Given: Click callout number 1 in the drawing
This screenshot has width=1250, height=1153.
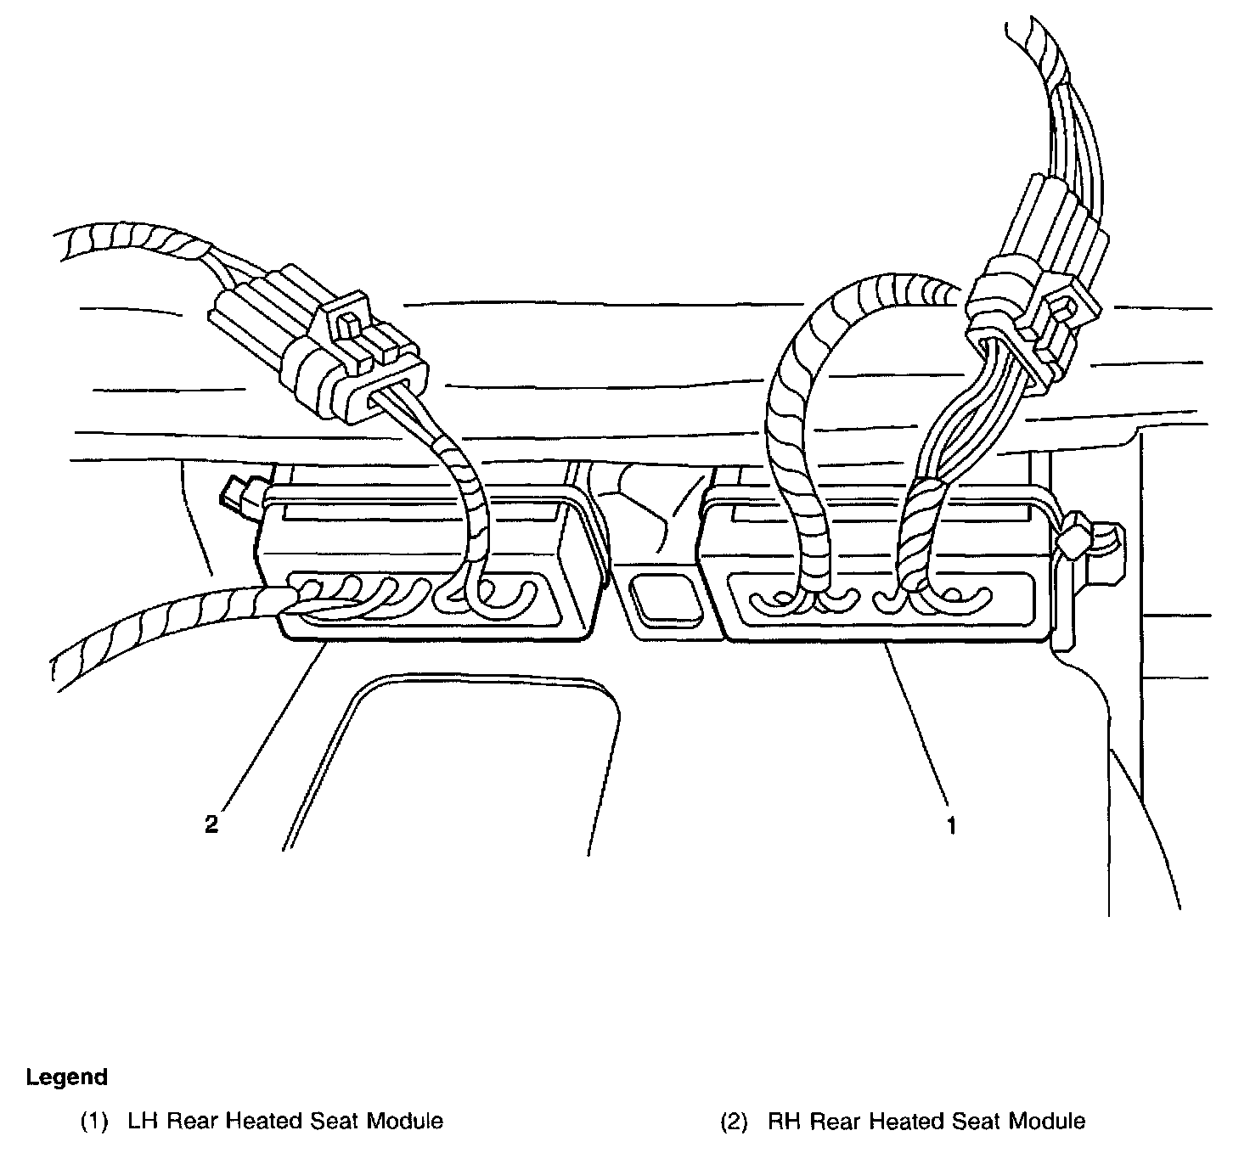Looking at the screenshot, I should pyautogui.click(x=952, y=824).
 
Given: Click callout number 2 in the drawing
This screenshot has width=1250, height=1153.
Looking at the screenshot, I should pyautogui.click(x=211, y=824).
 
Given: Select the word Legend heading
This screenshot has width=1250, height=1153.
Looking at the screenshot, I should pyautogui.click(x=67, y=1077).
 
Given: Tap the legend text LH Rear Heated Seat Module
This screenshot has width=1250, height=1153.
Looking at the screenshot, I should pyautogui.click(x=284, y=1122).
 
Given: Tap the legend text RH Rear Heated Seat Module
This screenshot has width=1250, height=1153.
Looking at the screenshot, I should pyautogui.click(x=926, y=1122).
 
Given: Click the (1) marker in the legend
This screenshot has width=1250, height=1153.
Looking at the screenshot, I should pyautogui.click(x=95, y=1122).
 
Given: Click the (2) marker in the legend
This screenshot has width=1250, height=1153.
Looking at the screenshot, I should pyautogui.click(x=735, y=1122).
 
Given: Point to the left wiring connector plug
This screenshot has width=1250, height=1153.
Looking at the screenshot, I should pyautogui.click(x=318, y=344).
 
